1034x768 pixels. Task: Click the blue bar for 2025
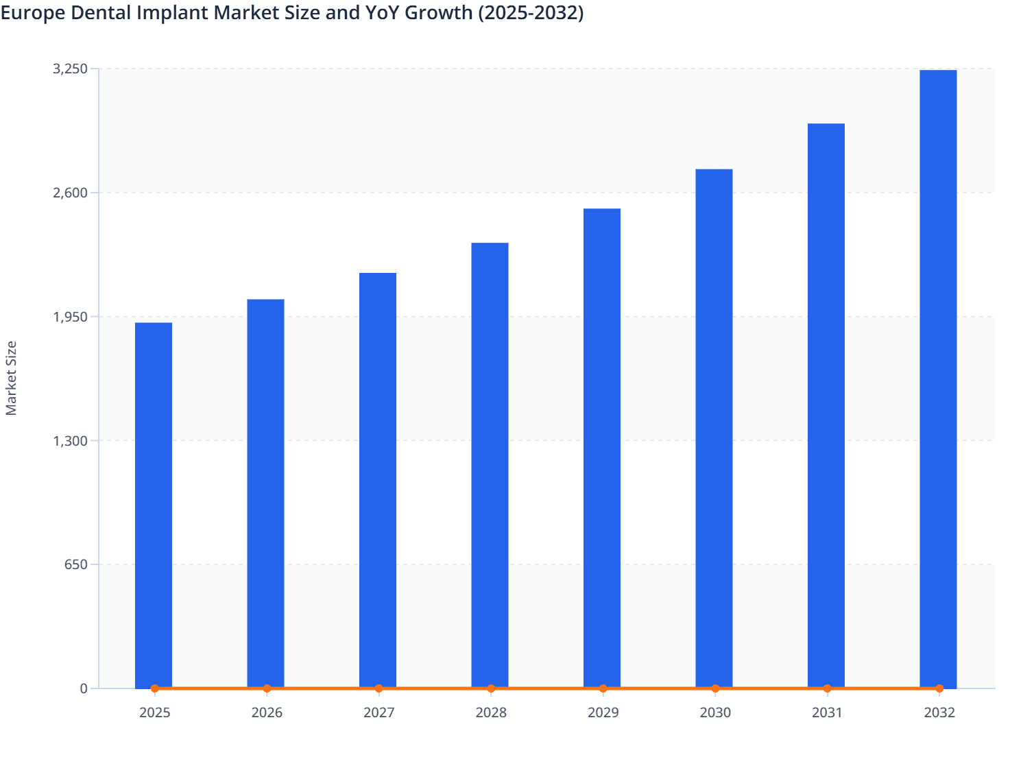[154, 505]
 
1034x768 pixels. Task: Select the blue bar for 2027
[378, 480]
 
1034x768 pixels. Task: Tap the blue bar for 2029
[602, 448]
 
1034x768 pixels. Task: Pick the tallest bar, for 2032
[938, 379]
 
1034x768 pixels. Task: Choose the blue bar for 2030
[714, 428]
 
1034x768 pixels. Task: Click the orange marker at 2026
[267, 688]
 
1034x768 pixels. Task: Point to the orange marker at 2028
[491, 688]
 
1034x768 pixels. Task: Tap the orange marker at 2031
[827, 688]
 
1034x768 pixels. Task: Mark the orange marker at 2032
[939, 688]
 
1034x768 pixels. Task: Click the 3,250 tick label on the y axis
[70, 69]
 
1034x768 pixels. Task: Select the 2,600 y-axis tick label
[70, 193]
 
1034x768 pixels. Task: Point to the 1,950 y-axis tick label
[70, 317]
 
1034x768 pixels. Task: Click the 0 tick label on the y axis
[84, 688]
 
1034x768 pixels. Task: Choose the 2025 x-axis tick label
[154, 712]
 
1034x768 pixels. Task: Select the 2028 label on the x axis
[491, 712]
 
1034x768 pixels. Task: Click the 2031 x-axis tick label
[827, 712]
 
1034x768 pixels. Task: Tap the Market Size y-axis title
[11, 378]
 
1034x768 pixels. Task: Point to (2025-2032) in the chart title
[530, 12]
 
